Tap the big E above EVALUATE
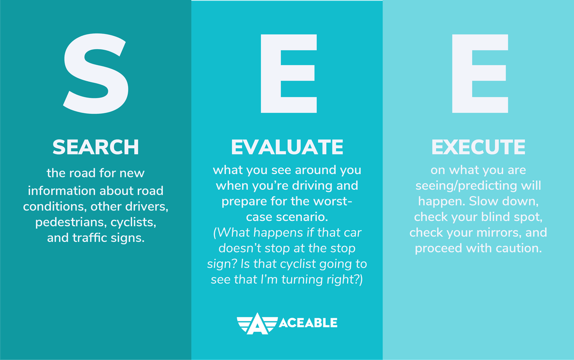point(289,74)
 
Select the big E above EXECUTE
point(480,74)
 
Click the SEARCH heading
point(96,147)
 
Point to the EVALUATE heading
point(287,147)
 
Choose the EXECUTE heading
point(478,147)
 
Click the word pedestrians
point(71,222)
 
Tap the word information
point(62,191)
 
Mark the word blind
point(493,217)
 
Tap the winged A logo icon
point(257,324)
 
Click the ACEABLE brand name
point(308,323)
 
